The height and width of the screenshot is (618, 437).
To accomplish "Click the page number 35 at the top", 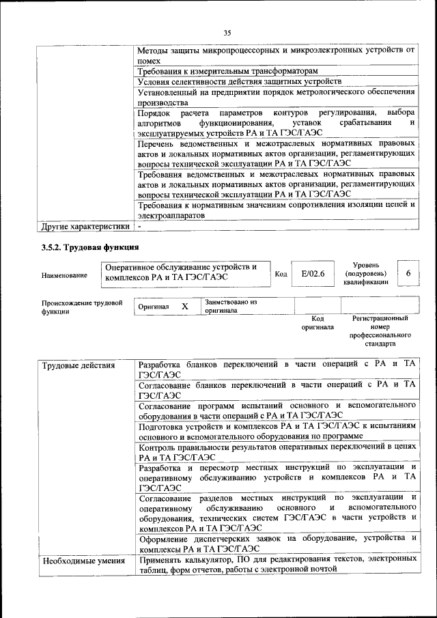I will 227,31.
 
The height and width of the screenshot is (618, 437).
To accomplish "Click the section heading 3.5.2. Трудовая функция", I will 90,247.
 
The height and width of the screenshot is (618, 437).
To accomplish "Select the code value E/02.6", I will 313,274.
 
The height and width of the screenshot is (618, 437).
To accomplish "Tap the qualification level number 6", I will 408,273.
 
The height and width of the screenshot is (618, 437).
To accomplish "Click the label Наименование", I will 64,275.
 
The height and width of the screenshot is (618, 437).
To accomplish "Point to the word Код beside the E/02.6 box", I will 281,274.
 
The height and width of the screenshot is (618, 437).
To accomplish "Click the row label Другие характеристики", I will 85,226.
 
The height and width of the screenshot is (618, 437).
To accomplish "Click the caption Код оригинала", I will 318,322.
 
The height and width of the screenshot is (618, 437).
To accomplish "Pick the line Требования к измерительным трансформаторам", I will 227,71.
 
